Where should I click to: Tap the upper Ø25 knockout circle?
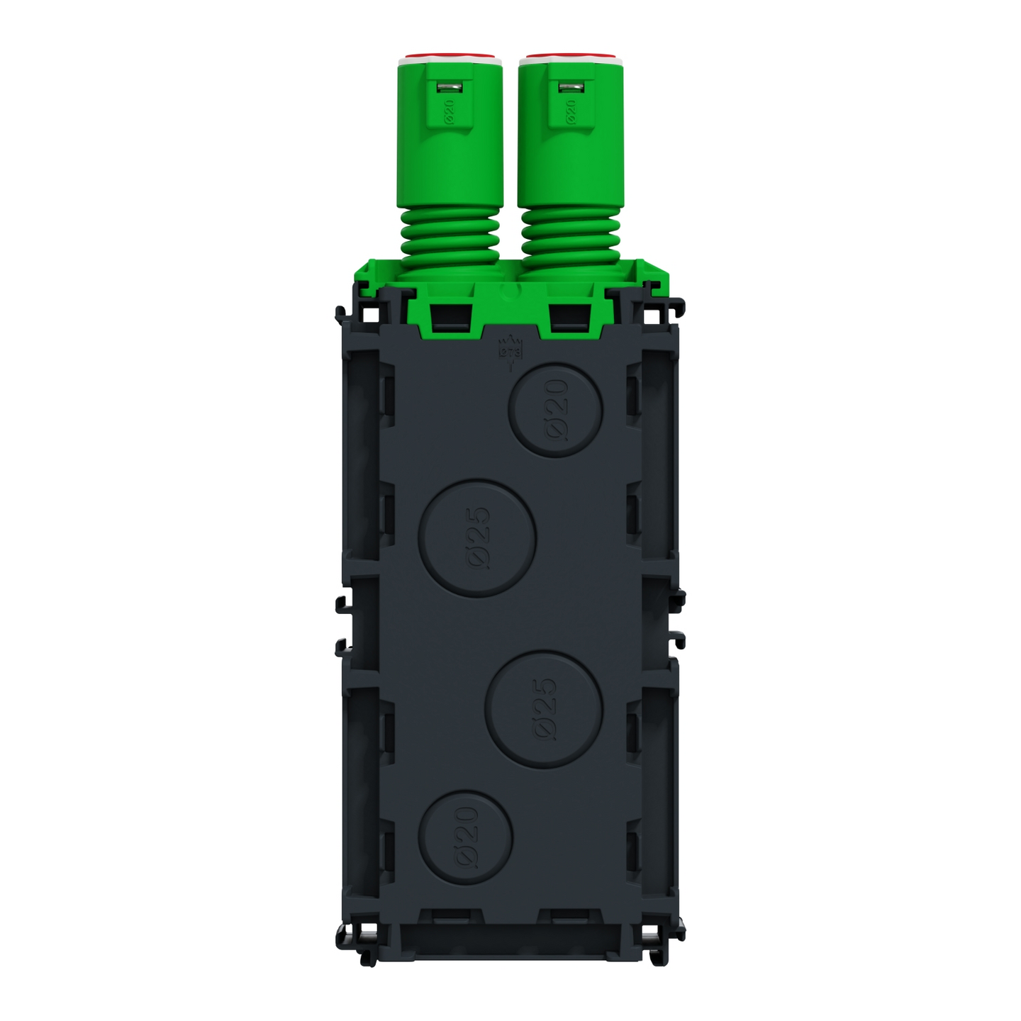(476, 537)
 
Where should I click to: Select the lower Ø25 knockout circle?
(544, 709)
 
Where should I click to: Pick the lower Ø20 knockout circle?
(465, 837)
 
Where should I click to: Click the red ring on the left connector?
(448, 56)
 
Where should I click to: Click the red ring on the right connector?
(569, 56)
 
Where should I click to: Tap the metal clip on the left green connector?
(448, 87)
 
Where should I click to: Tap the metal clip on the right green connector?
(569, 87)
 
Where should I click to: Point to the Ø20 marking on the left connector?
(449, 111)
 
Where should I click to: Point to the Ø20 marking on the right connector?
(570, 111)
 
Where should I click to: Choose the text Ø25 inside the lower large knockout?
(545, 709)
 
